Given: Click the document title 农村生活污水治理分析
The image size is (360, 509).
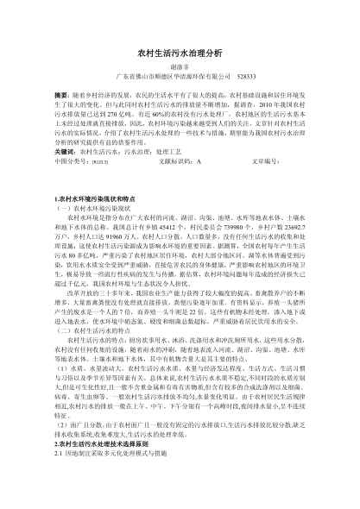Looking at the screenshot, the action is coord(180,53).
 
